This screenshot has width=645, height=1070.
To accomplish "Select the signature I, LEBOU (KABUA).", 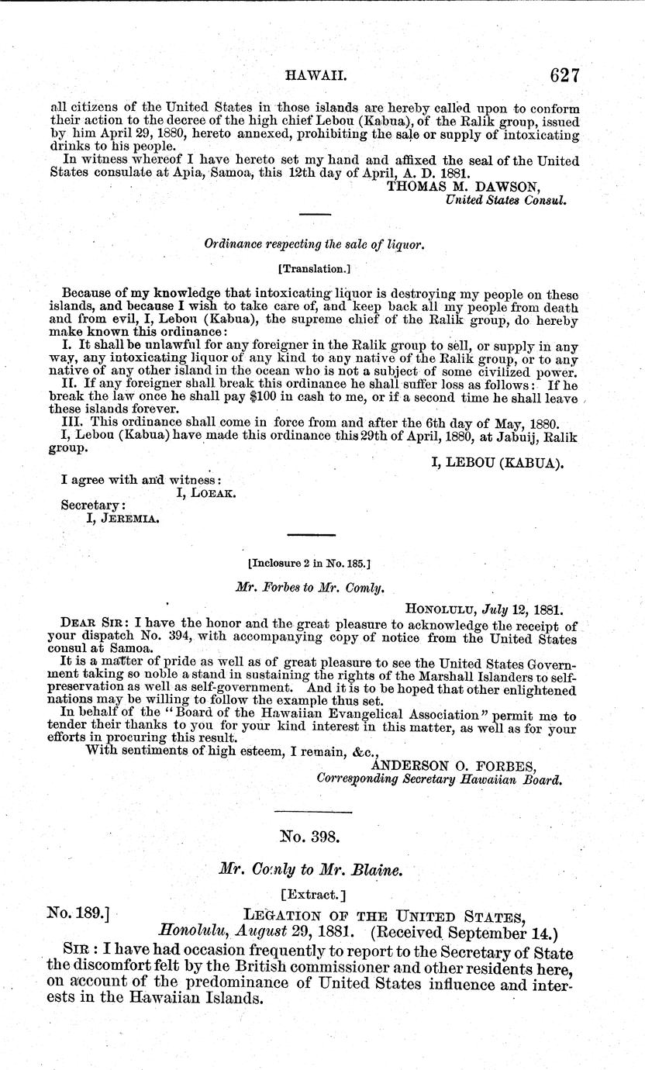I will (x=496, y=464).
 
